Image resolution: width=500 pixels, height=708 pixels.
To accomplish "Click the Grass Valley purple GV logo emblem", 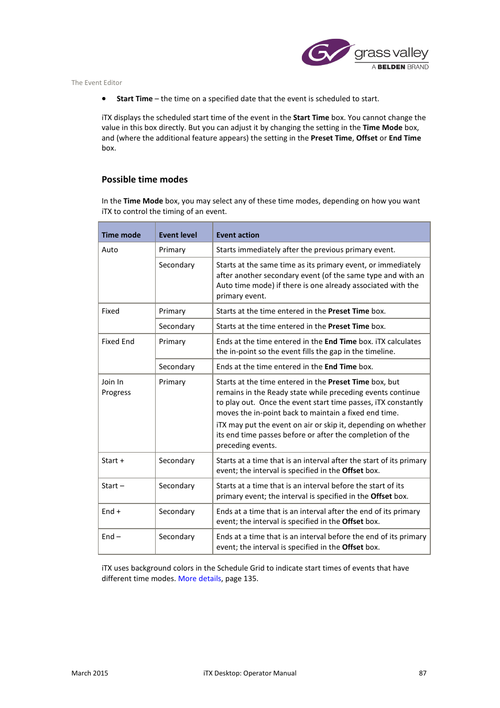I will point(325,52).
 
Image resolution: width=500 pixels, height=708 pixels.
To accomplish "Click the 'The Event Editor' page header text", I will point(96,83).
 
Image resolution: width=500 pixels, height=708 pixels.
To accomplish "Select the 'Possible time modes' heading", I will point(145,179).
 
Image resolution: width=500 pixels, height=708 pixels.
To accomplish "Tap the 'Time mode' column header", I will point(121,235).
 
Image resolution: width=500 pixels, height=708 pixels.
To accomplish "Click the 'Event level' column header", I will point(178,235).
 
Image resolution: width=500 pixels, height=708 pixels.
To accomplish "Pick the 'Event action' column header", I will point(237,235).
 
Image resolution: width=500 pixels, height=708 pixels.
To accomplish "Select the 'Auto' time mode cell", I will point(110,250).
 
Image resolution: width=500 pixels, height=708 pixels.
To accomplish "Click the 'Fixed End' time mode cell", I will point(118,341).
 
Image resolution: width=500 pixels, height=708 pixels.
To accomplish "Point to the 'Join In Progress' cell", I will point(116,387).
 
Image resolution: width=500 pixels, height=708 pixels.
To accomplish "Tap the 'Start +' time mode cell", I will point(113,460).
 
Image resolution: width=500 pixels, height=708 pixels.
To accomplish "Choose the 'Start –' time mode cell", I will point(113,486).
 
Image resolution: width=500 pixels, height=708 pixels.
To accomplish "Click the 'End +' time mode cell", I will point(111,511).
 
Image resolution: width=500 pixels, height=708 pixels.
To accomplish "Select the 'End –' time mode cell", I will point(111,537).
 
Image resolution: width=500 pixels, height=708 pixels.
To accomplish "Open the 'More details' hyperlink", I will point(199,578).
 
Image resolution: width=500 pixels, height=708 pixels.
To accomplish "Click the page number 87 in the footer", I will point(422,673).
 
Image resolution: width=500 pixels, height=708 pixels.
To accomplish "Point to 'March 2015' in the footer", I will point(90,673).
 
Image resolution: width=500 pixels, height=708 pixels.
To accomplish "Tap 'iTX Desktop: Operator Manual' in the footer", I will point(249,673).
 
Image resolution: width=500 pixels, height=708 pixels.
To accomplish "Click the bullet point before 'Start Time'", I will point(104,99).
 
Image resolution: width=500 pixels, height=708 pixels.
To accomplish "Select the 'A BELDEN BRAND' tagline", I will point(400,67).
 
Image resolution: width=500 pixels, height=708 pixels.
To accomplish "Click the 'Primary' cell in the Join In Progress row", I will point(172,382).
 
